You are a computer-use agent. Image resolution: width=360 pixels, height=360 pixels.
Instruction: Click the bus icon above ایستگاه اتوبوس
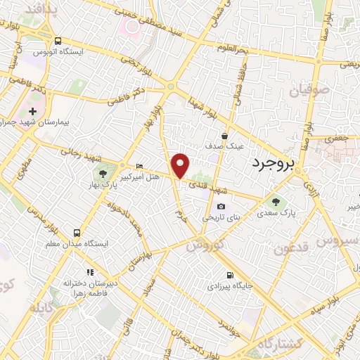[x=58, y=40]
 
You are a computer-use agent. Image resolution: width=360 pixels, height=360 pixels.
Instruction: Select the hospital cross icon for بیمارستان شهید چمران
[x=32, y=112]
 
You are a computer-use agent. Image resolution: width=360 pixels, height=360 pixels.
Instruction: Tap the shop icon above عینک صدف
[x=224, y=136]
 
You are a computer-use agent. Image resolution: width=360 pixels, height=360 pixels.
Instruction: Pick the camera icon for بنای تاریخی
[x=221, y=207]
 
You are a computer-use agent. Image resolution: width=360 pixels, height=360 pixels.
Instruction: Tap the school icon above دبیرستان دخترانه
[x=89, y=272]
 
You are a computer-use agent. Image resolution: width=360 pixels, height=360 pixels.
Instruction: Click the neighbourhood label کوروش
[x=205, y=247]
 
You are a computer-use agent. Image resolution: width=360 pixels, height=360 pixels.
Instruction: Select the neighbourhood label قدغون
[x=290, y=247]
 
